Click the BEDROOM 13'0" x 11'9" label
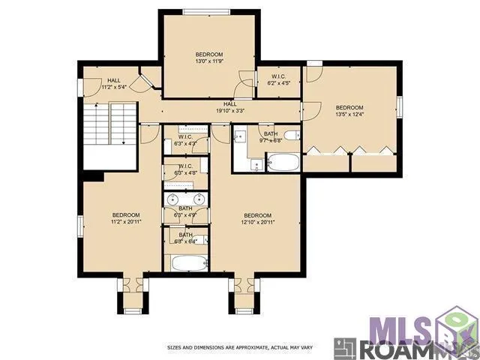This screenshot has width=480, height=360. click(x=209, y=58)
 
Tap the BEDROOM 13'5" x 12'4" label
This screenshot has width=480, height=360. click(x=349, y=110)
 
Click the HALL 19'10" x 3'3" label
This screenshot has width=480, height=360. click(x=229, y=107)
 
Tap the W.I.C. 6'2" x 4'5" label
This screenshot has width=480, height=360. click(x=274, y=79)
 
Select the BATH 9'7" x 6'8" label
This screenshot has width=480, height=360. click(x=270, y=136)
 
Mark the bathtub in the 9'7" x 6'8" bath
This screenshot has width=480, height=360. click(x=282, y=161)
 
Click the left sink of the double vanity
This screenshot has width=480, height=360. click(x=172, y=199)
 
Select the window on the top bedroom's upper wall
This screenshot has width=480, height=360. click(x=208, y=11)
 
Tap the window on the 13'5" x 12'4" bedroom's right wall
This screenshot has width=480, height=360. click(x=400, y=106)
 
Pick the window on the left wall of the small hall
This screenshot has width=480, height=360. click(x=80, y=85)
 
